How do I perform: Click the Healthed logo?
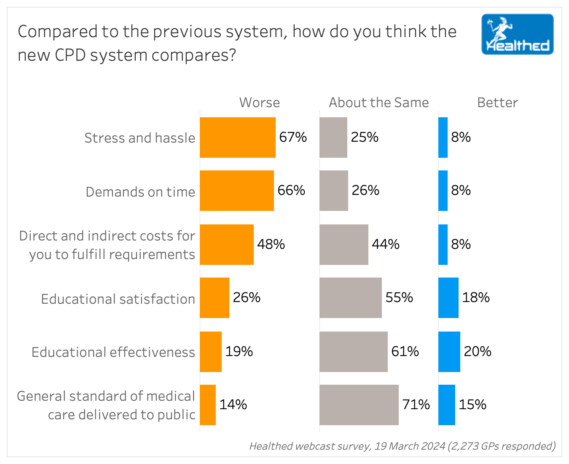517,34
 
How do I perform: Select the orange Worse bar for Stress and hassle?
237,138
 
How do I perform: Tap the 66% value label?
291,190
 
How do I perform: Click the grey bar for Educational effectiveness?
353,352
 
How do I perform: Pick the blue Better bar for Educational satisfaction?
448,298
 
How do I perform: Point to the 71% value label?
416,405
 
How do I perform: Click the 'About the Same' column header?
378,103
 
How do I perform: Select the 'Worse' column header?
259,103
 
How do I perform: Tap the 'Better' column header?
497,103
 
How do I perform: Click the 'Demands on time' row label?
140,192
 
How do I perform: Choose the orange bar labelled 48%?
226,245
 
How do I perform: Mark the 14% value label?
233,405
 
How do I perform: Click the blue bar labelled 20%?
449,352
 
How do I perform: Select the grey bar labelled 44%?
344,245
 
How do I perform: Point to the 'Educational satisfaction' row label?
118,299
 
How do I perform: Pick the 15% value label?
472,405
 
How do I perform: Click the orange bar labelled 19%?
210,352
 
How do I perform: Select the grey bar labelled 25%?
333,138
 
